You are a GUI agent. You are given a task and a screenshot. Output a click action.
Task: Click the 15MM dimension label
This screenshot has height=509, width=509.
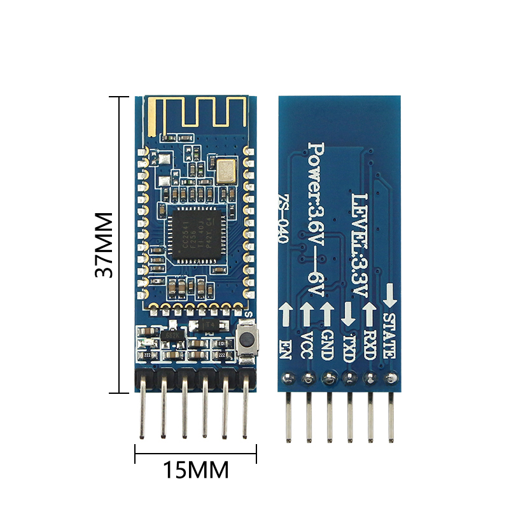click(195, 471)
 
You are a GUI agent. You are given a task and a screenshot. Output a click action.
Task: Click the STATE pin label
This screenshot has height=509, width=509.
click(389, 335)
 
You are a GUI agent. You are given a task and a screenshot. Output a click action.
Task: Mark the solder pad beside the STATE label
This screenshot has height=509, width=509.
click(390, 379)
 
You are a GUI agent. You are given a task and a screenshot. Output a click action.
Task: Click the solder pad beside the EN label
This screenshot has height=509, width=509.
click(287, 379)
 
